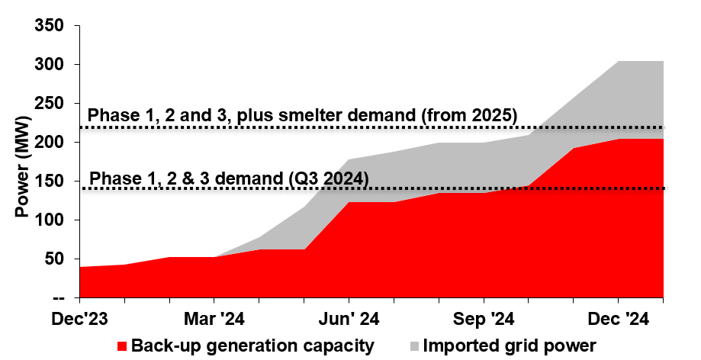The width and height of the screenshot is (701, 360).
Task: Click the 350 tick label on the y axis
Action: [51, 26]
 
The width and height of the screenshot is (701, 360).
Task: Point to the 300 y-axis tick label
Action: [51, 65]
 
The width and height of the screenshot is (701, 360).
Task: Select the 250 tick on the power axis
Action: [51, 104]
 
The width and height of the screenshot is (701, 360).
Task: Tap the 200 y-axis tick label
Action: [51, 143]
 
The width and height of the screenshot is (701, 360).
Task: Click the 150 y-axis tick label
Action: [51, 182]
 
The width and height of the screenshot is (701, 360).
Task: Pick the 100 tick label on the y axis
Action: [51, 220]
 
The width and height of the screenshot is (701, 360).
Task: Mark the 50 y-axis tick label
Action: [56, 259]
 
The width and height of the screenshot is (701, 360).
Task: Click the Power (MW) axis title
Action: [22, 162]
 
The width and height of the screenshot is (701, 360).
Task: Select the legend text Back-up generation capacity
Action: [252, 346]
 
